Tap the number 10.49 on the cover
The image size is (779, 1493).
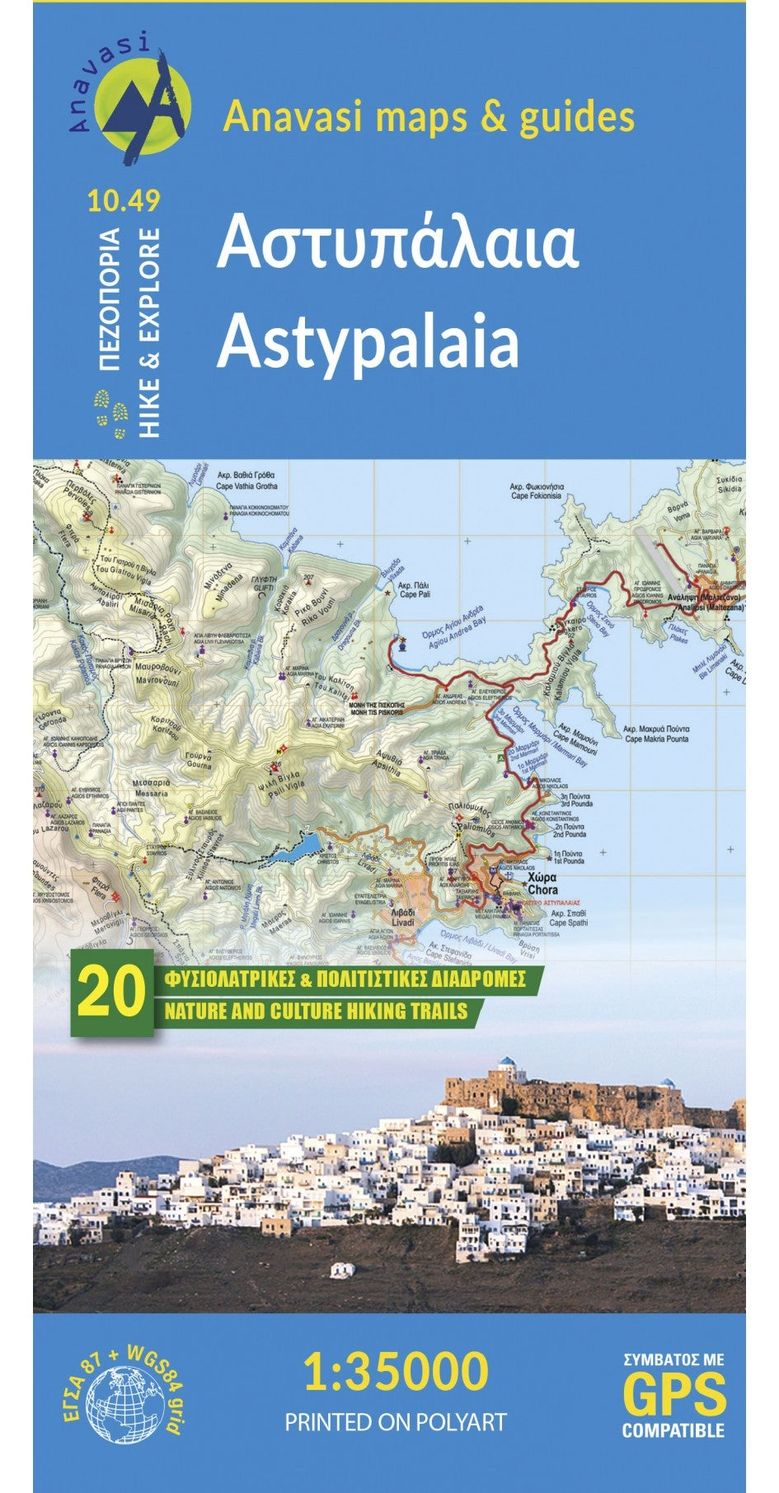point(122,200)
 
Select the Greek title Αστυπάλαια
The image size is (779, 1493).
point(397,245)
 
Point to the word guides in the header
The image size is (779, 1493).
point(576,117)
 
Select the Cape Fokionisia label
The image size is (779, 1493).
point(536,491)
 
